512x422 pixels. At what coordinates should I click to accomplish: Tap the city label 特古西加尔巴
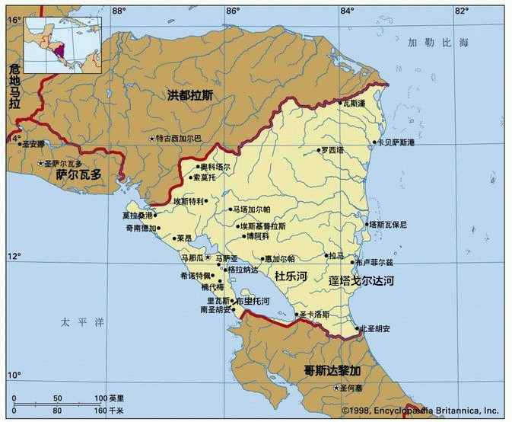tap(178, 139)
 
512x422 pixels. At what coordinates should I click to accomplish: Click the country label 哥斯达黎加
tap(332, 370)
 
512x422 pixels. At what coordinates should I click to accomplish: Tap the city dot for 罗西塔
tap(319, 151)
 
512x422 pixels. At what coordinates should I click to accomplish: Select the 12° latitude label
tap(15, 255)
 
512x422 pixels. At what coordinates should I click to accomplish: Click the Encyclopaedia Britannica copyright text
tap(423, 410)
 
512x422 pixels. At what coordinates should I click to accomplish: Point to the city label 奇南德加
tap(141, 228)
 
